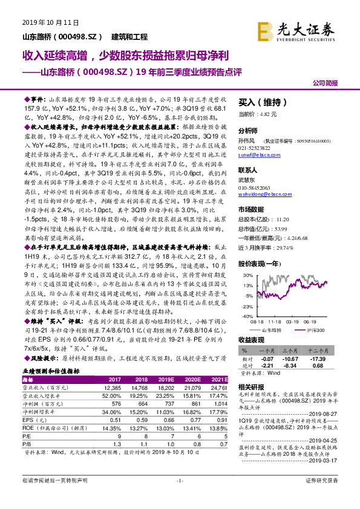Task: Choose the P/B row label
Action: coord(28,443)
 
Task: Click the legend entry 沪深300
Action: coord(313,330)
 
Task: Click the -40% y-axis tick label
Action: coord(247,316)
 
